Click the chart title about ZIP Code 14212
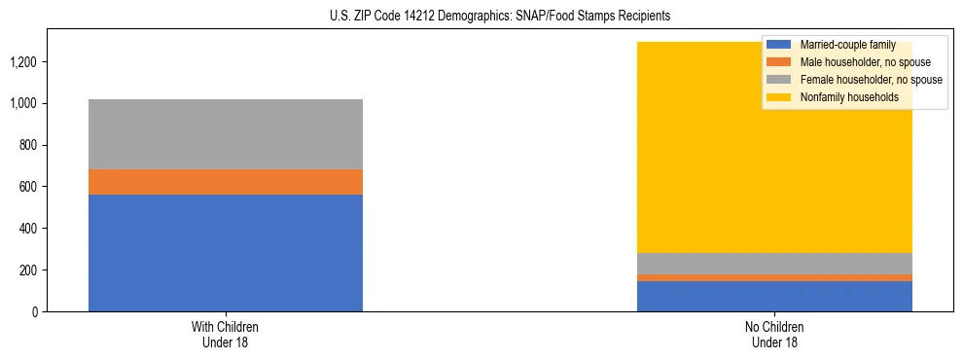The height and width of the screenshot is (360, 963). (x=481, y=17)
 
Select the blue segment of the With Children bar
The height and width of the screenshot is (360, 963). (x=226, y=253)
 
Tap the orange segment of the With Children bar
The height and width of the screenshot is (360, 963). (x=226, y=182)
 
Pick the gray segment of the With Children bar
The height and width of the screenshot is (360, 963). (x=226, y=134)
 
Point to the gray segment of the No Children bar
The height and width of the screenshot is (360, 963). (x=774, y=264)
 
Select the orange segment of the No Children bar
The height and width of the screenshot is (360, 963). (x=774, y=278)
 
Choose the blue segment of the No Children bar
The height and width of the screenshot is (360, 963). (x=774, y=296)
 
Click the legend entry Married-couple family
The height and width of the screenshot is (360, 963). (x=847, y=45)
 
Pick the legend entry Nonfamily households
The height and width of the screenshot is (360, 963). (x=842, y=97)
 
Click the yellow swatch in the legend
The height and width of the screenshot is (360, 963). (x=779, y=97)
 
